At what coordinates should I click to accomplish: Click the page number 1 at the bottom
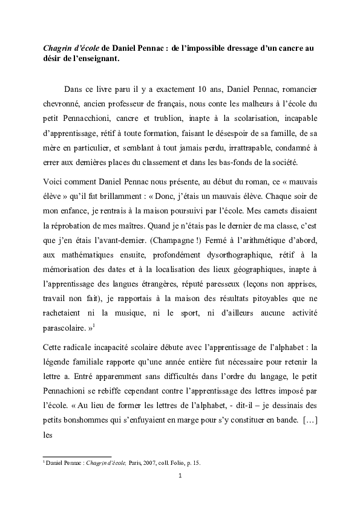[180, 491]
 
